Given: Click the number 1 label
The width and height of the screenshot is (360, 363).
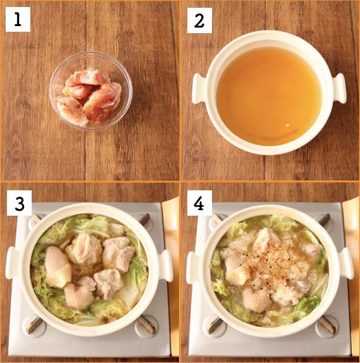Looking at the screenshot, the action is coord(18,20).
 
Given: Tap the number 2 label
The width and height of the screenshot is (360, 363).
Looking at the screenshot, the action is coord(199,20).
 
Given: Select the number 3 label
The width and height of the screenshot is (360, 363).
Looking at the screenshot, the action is coord(19,203).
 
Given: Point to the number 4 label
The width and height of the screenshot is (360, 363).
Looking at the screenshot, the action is coord(199,203).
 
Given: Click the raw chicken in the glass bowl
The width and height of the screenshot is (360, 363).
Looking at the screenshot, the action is coord(90,97).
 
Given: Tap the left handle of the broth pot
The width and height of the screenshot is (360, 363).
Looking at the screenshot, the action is coord(199,88).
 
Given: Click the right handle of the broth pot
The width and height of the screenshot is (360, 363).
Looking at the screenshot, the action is coord(339,88).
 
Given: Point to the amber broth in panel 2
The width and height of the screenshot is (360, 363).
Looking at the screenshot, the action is coord(269,95).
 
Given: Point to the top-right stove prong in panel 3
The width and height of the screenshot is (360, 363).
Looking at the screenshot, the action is coord(144,219).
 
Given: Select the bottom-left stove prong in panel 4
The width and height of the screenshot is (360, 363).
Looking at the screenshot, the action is coord(216,325).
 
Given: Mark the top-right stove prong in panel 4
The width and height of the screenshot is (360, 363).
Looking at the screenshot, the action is coord(325,219).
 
